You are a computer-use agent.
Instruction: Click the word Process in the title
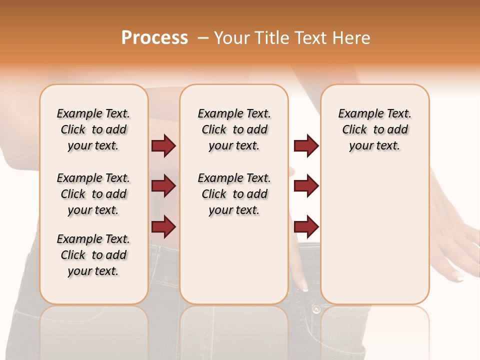click(154, 38)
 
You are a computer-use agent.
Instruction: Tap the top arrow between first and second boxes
click(163, 145)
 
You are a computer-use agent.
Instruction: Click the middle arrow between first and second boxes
click(163, 186)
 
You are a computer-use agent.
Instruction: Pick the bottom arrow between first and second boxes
click(163, 226)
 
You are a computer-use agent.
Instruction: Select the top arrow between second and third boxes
click(306, 145)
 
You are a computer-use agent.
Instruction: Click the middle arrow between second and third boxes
click(306, 186)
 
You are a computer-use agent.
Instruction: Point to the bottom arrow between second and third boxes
click(306, 226)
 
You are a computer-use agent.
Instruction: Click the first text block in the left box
click(93, 129)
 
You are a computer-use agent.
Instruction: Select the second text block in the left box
click(93, 194)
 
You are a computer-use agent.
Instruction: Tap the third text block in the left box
click(93, 255)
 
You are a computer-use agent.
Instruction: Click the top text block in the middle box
click(234, 129)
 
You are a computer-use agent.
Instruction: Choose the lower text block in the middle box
click(234, 194)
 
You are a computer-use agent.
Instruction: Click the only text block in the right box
click(374, 129)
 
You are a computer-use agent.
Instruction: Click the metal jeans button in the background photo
click(316, 309)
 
